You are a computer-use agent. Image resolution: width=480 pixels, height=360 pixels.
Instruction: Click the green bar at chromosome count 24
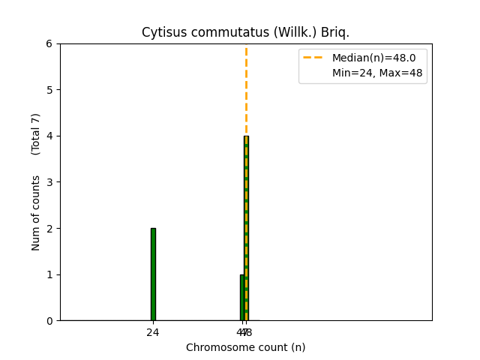tap(153, 274)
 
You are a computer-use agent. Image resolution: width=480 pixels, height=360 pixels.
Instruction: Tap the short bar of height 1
tap(241, 298)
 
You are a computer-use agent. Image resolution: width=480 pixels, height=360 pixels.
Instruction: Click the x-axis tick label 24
tap(153, 332)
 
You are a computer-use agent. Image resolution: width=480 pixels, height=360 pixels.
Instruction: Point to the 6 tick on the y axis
tap(49, 43)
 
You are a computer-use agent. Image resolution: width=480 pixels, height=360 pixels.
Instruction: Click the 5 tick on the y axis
tap(49, 90)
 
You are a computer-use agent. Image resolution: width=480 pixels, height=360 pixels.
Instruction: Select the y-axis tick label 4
tap(49, 136)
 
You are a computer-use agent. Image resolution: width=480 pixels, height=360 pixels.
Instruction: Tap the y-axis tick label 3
tap(49, 182)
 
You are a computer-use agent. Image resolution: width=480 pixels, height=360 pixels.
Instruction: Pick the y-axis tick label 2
tap(49, 228)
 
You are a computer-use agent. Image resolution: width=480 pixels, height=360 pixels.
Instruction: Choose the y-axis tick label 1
tap(49, 274)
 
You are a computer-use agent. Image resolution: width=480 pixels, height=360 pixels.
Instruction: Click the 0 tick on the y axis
tap(49, 320)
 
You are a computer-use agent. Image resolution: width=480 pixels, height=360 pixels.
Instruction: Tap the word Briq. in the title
tap(334, 33)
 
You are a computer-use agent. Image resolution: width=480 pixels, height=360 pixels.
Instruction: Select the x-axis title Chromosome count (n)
tap(246, 347)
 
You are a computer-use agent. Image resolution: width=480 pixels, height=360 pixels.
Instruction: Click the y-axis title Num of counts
tap(36, 213)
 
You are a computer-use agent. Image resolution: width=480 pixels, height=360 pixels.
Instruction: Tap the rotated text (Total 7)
tap(36, 134)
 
